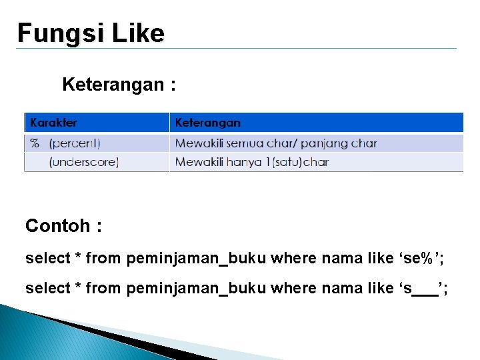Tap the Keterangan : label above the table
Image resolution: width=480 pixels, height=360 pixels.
click(119, 85)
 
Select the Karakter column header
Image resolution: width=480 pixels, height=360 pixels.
click(54, 123)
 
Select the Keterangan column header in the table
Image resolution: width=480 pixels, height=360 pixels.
click(207, 123)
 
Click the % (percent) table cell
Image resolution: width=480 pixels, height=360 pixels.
click(65, 143)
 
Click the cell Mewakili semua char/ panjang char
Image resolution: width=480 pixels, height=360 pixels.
click(275, 143)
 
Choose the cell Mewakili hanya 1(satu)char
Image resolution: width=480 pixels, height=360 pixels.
click(251, 162)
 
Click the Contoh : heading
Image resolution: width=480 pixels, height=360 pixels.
click(63, 226)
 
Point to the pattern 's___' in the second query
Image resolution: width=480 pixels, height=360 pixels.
click(423, 288)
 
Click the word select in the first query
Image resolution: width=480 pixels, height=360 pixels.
click(47, 257)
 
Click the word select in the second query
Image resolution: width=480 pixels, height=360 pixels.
click(47, 288)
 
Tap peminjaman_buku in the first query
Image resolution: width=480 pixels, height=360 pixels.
click(196, 257)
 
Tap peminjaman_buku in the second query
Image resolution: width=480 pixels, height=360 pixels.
click(196, 288)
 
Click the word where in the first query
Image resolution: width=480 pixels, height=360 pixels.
click(293, 257)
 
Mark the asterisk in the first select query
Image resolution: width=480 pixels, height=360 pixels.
click(78, 256)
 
